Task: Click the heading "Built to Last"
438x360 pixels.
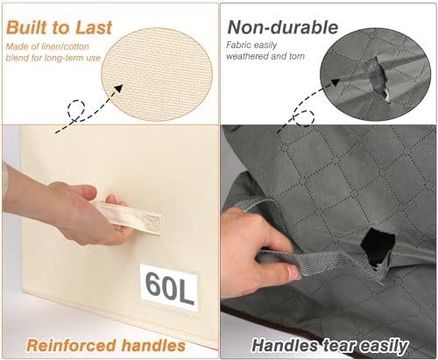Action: pyautogui.click(x=59, y=28)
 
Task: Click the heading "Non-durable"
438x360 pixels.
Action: pyautogui.click(x=283, y=27)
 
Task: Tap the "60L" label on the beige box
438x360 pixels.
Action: pyautogui.click(x=169, y=287)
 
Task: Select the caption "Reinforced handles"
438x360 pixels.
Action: pyautogui.click(x=106, y=345)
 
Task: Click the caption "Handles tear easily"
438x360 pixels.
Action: pyautogui.click(x=329, y=346)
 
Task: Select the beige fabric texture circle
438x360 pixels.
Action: pyautogui.click(x=157, y=74)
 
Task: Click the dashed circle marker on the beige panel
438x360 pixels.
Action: pyautogui.click(x=76, y=109)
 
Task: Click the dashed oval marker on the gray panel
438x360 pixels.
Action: pyautogui.click(x=304, y=118)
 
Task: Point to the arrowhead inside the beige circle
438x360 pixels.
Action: pyautogui.click(x=119, y=88)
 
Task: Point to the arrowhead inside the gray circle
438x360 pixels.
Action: pyautogui.click(x=336, y=81)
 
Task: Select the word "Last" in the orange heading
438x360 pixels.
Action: pyautogui.click(x=94, y=28)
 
